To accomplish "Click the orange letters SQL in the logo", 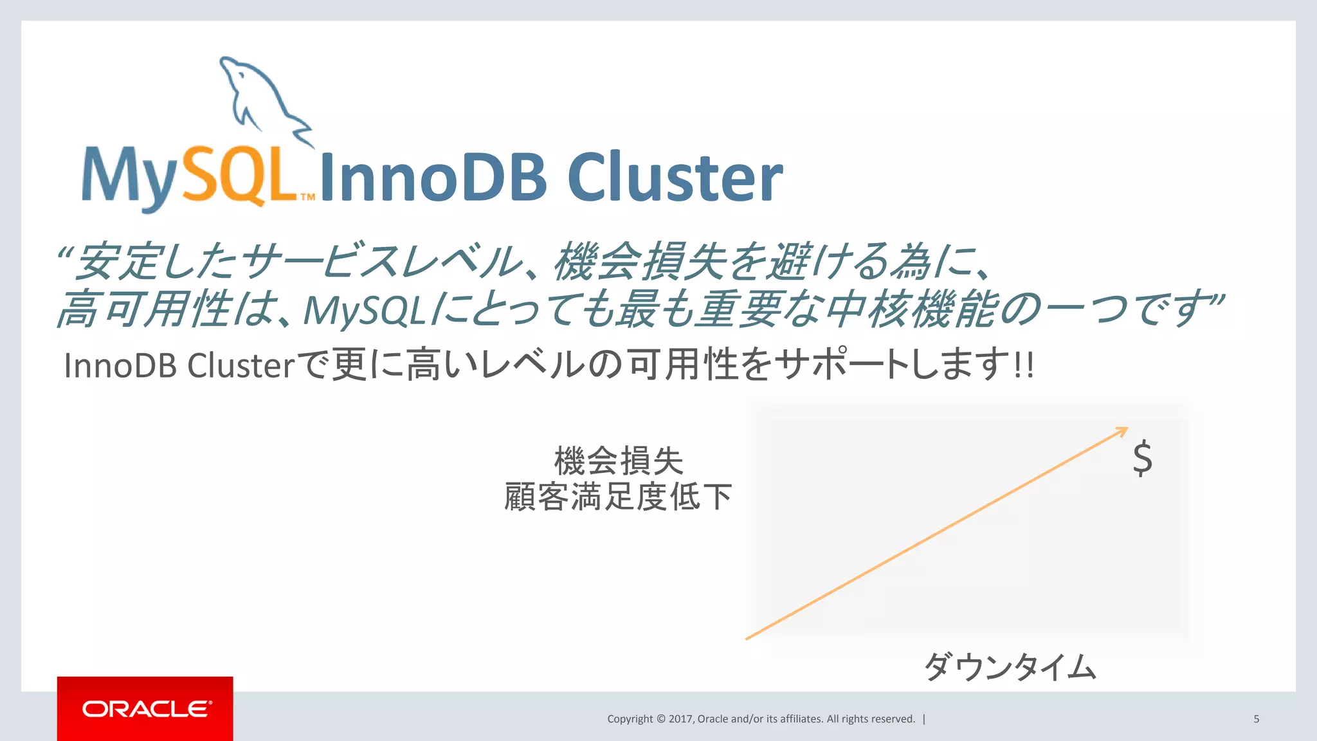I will (241, 175).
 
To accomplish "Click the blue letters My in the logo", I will (129, 177).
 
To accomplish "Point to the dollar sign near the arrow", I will (1142, 458).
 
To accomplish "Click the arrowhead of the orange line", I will (1123, 430).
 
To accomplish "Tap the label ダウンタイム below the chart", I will (1010, 666).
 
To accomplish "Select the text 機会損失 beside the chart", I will (618, 461).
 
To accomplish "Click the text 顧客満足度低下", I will (618, 497).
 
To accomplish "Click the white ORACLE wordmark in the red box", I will (146, 709).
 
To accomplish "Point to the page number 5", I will (1256, 719).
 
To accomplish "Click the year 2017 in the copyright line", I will (680, 719).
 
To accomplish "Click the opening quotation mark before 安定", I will (64, 252).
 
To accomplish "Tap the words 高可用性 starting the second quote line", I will (145, 309).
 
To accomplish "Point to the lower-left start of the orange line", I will (748, 638).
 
